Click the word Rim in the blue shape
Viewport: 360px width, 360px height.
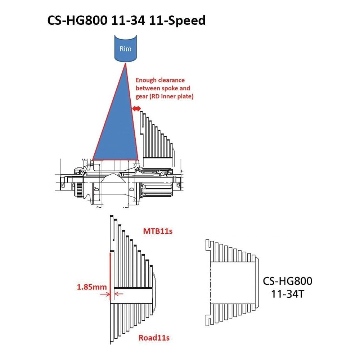point(125,49)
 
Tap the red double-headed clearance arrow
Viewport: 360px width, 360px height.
point(136,108)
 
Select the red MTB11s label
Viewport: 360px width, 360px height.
point(158,231)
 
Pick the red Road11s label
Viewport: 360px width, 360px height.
point(154,338)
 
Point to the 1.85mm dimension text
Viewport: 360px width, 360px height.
point(91,287)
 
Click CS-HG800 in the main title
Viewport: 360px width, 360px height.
point(77,20)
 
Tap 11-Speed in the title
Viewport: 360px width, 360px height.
point(177,20)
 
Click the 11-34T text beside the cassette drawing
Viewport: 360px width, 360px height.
point(287,294)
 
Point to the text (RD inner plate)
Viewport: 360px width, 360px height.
point(171,96)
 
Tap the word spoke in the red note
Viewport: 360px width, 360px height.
point(170,89)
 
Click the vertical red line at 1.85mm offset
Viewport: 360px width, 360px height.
point(110,276)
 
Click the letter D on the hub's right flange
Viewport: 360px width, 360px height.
point(131,189)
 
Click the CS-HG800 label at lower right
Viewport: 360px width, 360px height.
point(287,281)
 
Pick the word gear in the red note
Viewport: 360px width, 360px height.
point(141,96)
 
